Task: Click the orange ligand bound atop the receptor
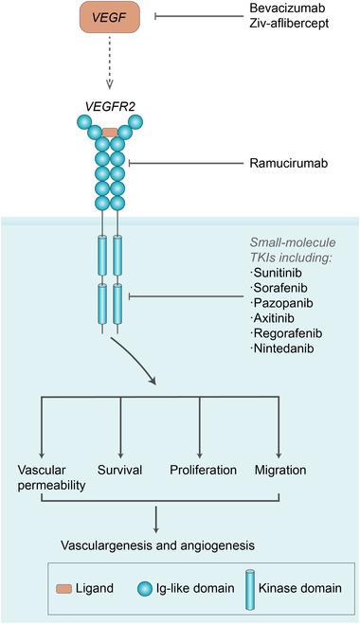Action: [110, 133]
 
